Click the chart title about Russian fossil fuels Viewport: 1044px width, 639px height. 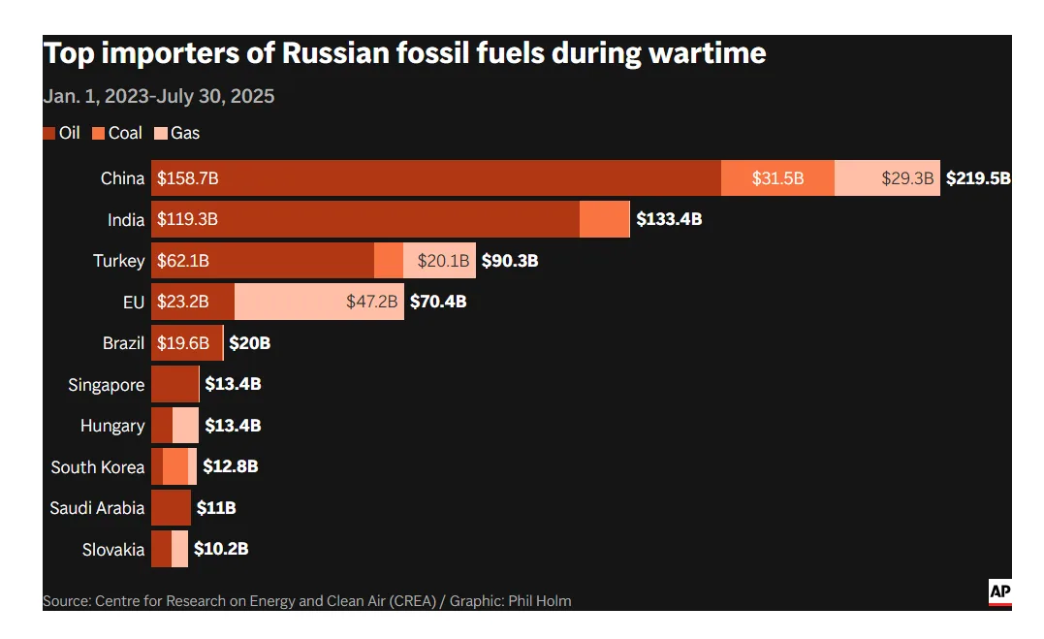click(x=404, y=53)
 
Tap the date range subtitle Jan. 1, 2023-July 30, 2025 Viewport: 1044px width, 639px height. click(x=158, y=96)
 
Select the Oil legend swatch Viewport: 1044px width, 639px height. click(x=49, y=133)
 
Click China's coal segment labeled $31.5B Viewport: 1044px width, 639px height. click(x=777, y=178)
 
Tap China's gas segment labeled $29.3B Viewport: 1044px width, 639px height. click(x=887, y=178)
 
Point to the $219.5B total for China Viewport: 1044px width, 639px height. click(x=977, y=178)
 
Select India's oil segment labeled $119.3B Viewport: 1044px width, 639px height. click(x=365, y=219)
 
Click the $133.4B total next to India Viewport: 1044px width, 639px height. click(x=669, y=219)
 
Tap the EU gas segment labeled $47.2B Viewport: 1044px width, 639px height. click(x=319, y=302)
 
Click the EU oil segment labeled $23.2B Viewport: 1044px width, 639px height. click(x=193, y=302)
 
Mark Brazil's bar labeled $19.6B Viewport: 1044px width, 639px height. click(x=187, y=343)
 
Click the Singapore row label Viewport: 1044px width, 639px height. click(x=106, y=385)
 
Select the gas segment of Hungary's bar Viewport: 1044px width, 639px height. click(x=185, y=426)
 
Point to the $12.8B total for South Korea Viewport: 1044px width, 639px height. click(x=230, y=466)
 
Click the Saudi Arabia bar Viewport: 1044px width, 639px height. click(x=171, y=508)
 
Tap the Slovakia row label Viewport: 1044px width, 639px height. click(x=112, y=550)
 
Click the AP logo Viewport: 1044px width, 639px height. click(x=999, y=591)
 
